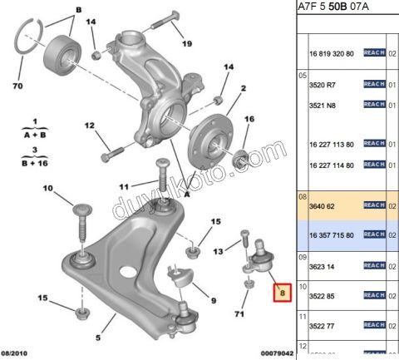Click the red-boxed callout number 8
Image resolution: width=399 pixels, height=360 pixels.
coord(282,293)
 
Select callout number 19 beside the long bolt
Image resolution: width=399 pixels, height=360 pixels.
coord(187,43)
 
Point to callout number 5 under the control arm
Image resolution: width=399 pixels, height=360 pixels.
coord(98,338)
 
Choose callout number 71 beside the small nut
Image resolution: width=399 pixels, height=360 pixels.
coord(240,315)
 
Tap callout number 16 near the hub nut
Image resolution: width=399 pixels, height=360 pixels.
coord(249,119)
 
